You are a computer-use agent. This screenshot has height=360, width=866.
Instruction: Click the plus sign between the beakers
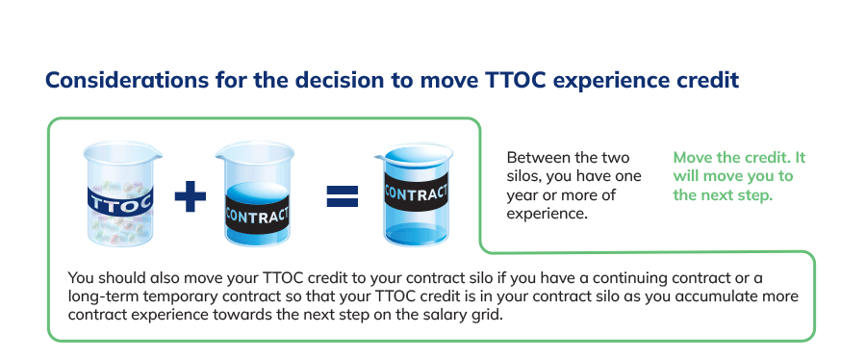coord(191,195)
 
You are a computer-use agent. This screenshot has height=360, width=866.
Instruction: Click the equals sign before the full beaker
coord(343,196)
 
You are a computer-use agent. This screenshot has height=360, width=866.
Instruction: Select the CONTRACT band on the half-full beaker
coord(257,215)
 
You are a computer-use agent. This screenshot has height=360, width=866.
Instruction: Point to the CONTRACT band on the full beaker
coord(417,193)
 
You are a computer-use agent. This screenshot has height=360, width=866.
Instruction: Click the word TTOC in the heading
coord(516,80)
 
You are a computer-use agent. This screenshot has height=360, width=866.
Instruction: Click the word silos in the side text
coord(522,176)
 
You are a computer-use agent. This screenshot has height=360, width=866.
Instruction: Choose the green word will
coord(685,176)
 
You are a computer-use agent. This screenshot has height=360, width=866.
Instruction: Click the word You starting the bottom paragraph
coord(79,277)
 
